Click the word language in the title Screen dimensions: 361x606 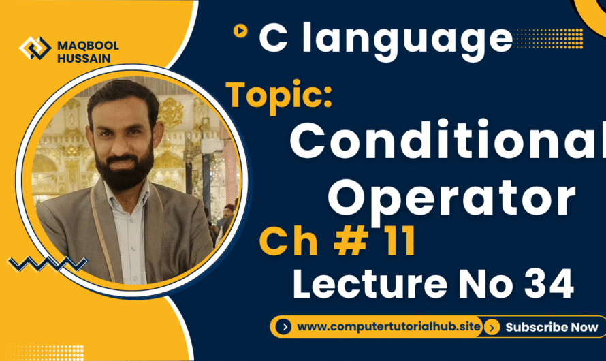tap(406, 39)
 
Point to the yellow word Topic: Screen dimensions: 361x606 tap(279, 95)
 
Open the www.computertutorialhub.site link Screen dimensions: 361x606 tap(389, 327)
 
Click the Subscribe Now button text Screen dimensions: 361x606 tap(552, 327)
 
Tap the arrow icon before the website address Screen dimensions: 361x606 tap(284, 327)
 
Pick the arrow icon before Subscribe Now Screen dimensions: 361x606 tap(494, 327)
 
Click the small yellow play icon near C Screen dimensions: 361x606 tap(240, 31)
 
